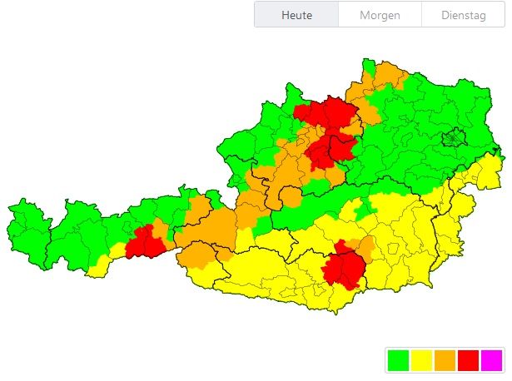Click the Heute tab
(296, 15)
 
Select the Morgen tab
(380, 15)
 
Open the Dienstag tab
(462, 15)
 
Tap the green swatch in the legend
(398, 360)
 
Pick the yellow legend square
(421, 360)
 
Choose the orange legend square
(445, 360)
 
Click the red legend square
(468, 360)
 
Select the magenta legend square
(491, 360)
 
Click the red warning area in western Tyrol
(146, 241)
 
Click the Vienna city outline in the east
(455, 137)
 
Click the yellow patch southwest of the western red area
(102, 265)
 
